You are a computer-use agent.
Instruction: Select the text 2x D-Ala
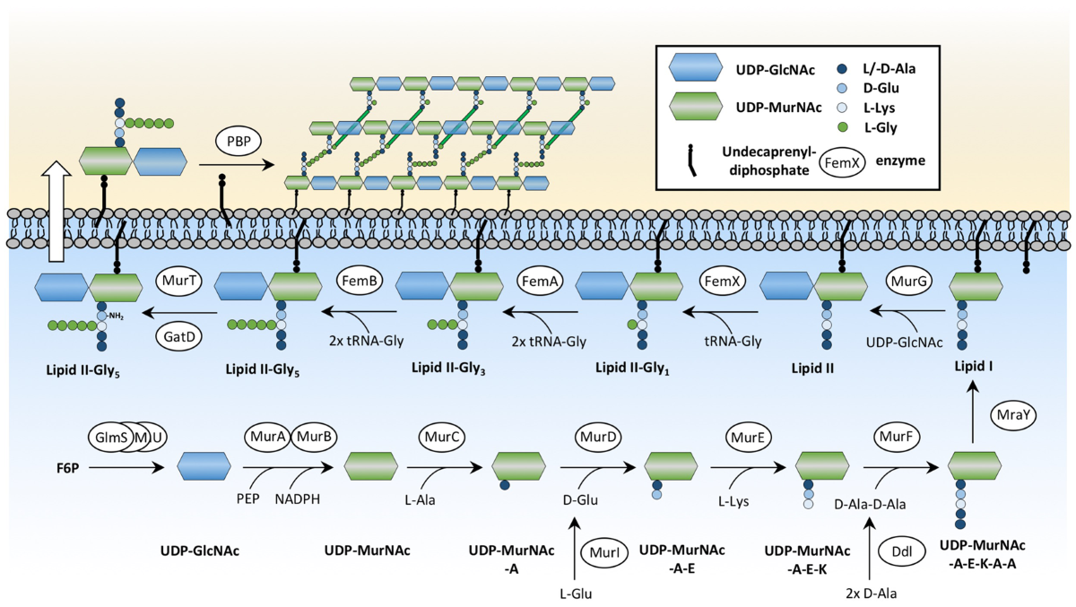pos(869,592)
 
